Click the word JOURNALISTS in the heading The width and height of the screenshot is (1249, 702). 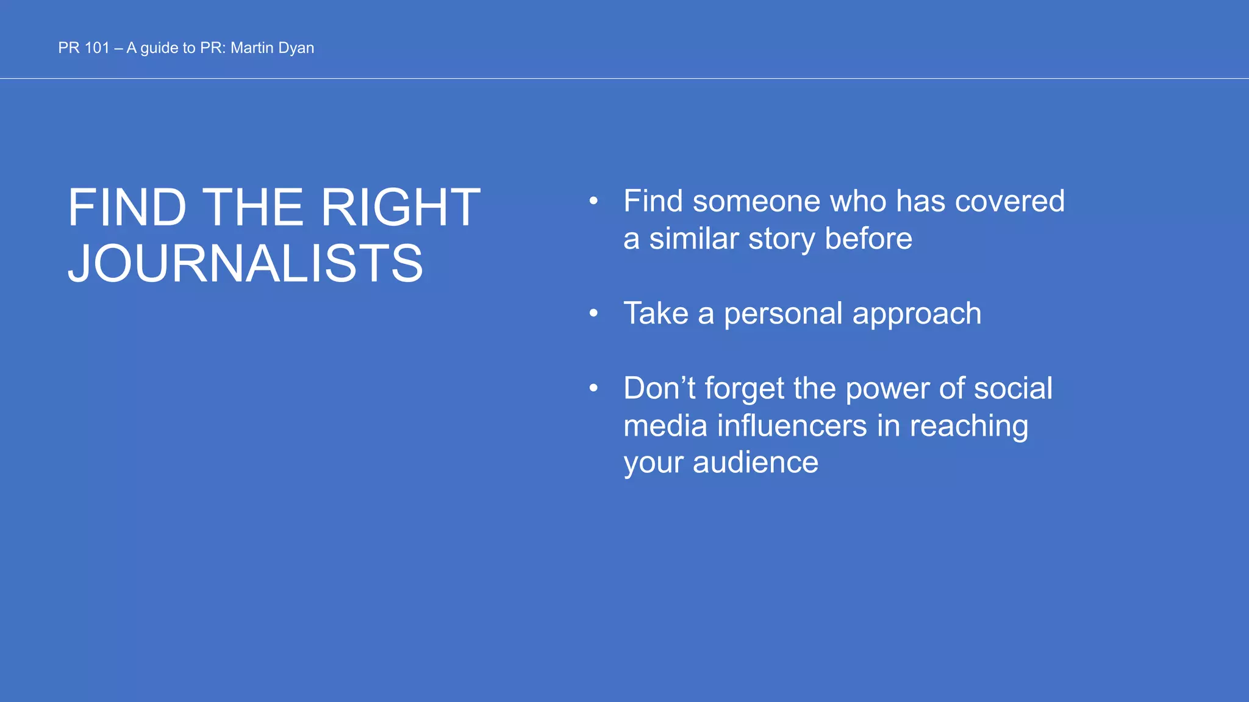(245, 263)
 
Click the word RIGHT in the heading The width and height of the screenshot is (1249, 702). (400, 208)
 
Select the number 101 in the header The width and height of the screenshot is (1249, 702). (96, 48)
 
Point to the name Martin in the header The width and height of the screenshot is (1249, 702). (252, 48)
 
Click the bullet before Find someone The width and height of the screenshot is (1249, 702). (593, 200)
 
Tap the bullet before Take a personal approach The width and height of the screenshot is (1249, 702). (593, 313)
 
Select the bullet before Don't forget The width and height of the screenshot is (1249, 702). (593, 388)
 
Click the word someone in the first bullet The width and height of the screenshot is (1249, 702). (756, 201)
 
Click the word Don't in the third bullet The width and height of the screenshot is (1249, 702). (659, 388)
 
